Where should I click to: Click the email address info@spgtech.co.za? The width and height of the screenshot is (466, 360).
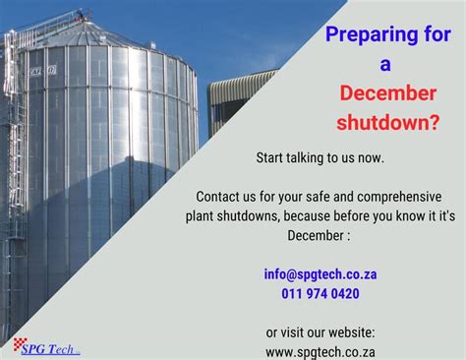tap(320, 274)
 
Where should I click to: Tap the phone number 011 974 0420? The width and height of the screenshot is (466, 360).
tap(320, 293)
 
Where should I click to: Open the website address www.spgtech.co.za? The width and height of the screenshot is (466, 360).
tap(320, 350)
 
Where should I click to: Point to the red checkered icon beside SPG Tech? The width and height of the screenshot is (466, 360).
tap(20, 344)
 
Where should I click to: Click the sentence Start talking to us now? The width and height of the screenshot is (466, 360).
tap(320, 157)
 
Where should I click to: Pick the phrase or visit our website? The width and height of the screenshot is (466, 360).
tap(320, 331)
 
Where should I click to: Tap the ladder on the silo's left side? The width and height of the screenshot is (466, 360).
tap(13, 177)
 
